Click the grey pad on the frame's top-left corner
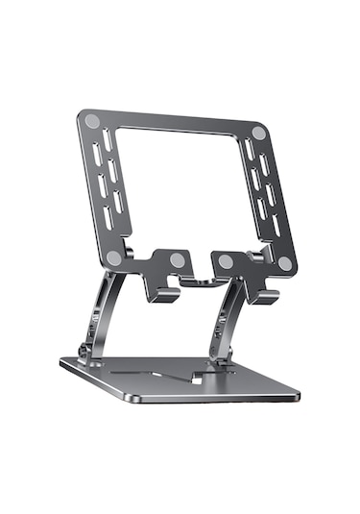(91, 122)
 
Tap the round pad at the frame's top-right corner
(259, 134)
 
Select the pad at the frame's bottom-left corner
(114, 257)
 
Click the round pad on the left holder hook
(177, 259)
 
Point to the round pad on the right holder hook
(225, 261)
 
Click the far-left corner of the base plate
(62, 362)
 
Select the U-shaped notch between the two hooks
(200, 279)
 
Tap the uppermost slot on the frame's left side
(105, 141)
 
